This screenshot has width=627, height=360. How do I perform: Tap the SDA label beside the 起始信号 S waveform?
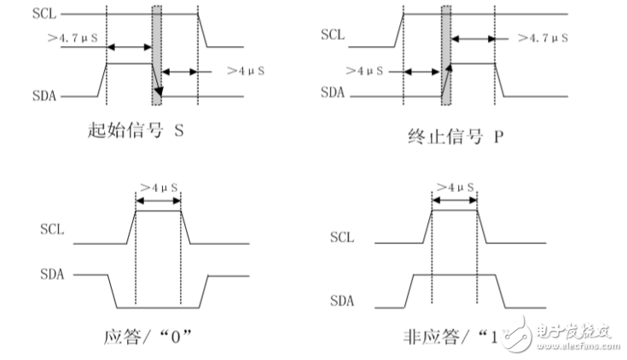[x=44, y=96]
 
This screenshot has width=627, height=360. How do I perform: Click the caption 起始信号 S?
[x=136, y=131]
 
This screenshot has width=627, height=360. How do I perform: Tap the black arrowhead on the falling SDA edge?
[x=159, y=90]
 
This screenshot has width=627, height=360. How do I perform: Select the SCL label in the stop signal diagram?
[x=333, y=35]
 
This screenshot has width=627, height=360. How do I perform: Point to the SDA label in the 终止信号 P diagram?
[x=333, y=96]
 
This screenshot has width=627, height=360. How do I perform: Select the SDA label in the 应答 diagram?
[x=52, y=275]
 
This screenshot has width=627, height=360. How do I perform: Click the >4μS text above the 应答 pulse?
[x=159, y=186]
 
